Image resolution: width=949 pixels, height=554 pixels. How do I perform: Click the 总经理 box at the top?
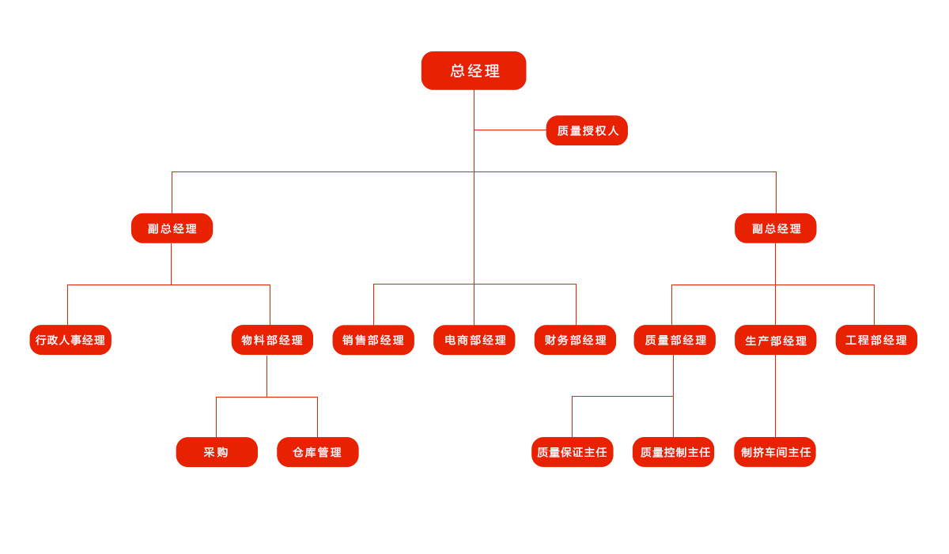click(474, 70)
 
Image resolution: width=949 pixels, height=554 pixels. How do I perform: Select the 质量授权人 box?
click(587, 130)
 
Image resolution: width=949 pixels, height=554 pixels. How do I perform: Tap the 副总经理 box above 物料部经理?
click(172, 228)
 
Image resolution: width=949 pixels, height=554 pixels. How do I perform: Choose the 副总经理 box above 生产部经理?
click(775, 228)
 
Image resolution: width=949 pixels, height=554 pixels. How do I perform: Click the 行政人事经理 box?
click(70, 340)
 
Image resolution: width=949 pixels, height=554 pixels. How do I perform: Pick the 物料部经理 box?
click(272, 340)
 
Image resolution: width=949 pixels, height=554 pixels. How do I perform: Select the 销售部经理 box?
click(373, 340)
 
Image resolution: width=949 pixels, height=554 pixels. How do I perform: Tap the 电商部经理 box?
click(475, 340)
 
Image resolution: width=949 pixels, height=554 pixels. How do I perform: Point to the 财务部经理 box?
click(575, 340)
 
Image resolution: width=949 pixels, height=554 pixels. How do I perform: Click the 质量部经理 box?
click(675, 340)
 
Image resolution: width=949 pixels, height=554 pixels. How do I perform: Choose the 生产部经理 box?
click(775, 340)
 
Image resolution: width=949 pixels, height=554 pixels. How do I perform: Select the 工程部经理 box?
click(876, 340)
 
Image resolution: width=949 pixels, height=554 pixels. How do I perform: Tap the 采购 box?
click(217, 452)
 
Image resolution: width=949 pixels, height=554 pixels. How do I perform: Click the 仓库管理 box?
click(317, 452)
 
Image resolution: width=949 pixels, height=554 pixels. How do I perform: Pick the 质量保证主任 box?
click(572, 452)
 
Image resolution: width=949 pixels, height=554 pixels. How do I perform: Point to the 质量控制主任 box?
click(673, 452)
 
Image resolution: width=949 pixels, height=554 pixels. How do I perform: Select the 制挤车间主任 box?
click(775, 452)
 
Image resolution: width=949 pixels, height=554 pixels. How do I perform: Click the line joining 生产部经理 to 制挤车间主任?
click(775, 396)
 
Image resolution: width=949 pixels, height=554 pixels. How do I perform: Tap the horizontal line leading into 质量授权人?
click(510, 130)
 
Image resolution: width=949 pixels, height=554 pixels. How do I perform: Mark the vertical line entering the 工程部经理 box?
click(874, 305)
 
